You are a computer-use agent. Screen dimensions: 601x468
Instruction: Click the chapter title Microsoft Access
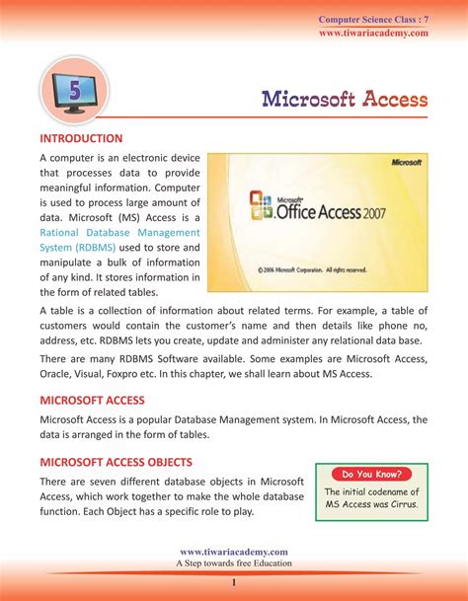pyautogui.click(x=345, y=99)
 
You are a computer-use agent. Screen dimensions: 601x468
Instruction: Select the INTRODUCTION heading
pyautogui.click(x=81, y=138)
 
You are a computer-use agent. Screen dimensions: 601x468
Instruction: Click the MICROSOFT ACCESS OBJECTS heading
pyautogui.click(x=117, y=461)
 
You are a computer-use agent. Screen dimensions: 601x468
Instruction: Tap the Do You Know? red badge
pyautogui.click(x=371, y=474)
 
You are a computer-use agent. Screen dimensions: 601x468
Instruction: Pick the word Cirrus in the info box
pyautogui.click(x=399, y=505)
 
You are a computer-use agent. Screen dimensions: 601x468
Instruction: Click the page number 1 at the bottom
pyautogui.click(x=234, y=583)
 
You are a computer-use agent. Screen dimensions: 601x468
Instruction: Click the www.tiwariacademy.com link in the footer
pyautogui.click(x=234, y=552)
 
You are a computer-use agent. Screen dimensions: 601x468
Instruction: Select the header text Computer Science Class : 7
pyautogui.click(x=373, y=20)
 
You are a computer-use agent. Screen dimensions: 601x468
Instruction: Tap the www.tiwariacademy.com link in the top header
pyautogui.click(x=373, y=34)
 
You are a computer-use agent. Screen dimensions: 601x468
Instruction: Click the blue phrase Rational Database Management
pyautogui.click(x=119, y=231)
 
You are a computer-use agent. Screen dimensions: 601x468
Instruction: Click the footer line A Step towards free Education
pyautogui.click(x=234, y=563)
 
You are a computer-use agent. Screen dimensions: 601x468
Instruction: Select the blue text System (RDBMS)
pyautogui.click(x=77, y=247)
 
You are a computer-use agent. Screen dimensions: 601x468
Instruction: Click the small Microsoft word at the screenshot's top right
pyautogui.click(x=406, y=161)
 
